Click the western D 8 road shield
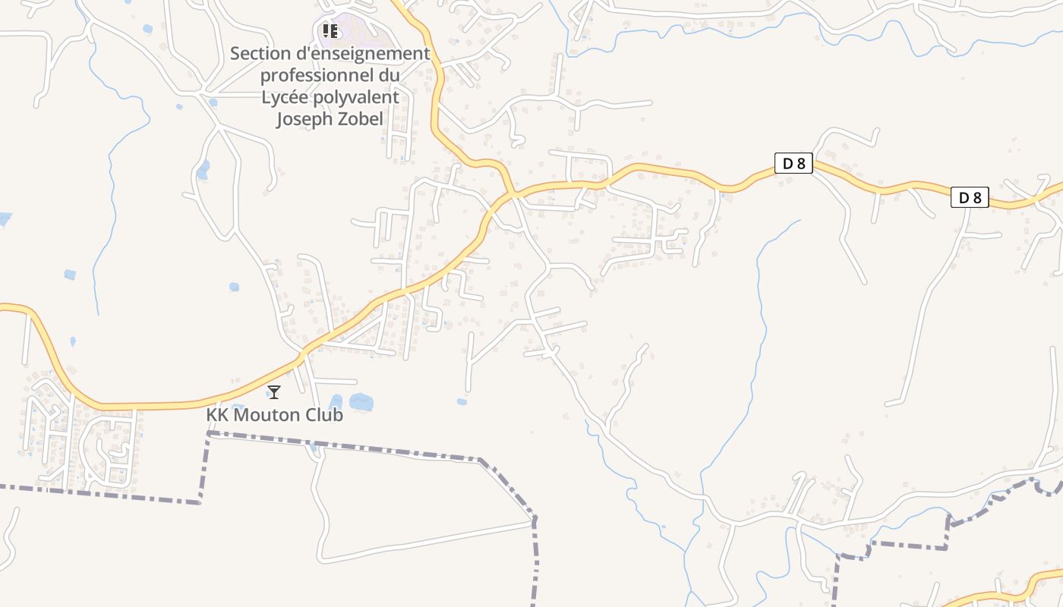point(793,163)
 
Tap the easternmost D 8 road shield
point(970,198)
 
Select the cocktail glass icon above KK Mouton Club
point(274,392)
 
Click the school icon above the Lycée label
point(330,30)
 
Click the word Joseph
point(303,119)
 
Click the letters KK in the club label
point(217,415)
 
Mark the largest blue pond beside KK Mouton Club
point(361,401)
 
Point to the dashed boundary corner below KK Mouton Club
point(208,433)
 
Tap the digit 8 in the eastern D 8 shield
point(977,198)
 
